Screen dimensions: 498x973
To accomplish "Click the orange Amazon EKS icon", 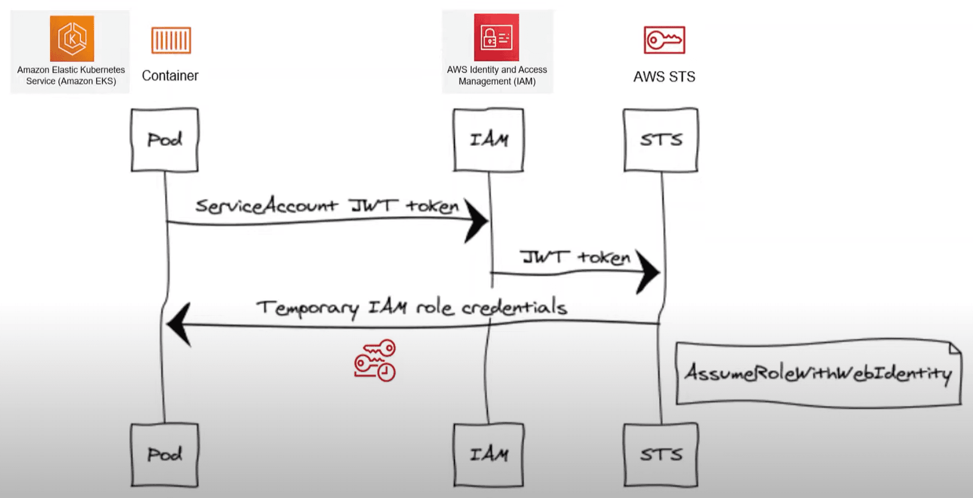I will tap(72, 39).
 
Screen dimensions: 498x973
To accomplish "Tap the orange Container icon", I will tap(171, 41).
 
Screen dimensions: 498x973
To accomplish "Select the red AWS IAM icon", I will tap(496, 38).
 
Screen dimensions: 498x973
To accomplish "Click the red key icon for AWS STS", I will tap(664, 40).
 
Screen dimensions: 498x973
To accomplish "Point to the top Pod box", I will tap(165, 139).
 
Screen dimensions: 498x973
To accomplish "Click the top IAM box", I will tap(489, 139).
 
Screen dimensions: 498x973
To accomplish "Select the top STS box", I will tap(661, 139).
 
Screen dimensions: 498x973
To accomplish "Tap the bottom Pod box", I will tap(165, 455).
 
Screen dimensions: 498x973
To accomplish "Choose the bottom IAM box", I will tap(489, 455).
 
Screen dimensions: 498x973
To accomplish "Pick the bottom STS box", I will tap(661, 455).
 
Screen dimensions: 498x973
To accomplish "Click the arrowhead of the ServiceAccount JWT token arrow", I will tap(476, 221).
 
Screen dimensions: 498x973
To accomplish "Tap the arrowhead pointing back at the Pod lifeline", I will tap(178, 325).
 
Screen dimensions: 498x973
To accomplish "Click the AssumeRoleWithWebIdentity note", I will tap(818, 374).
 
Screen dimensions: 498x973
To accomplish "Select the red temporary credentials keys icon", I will tap(375, 361).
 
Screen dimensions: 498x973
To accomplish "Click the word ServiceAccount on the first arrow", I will tap(266, 205).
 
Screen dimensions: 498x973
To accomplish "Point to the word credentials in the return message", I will tap(514, 307).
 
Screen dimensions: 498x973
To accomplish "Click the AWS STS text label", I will tap(664, 77).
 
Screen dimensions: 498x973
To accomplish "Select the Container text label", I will tap(170, 76).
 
